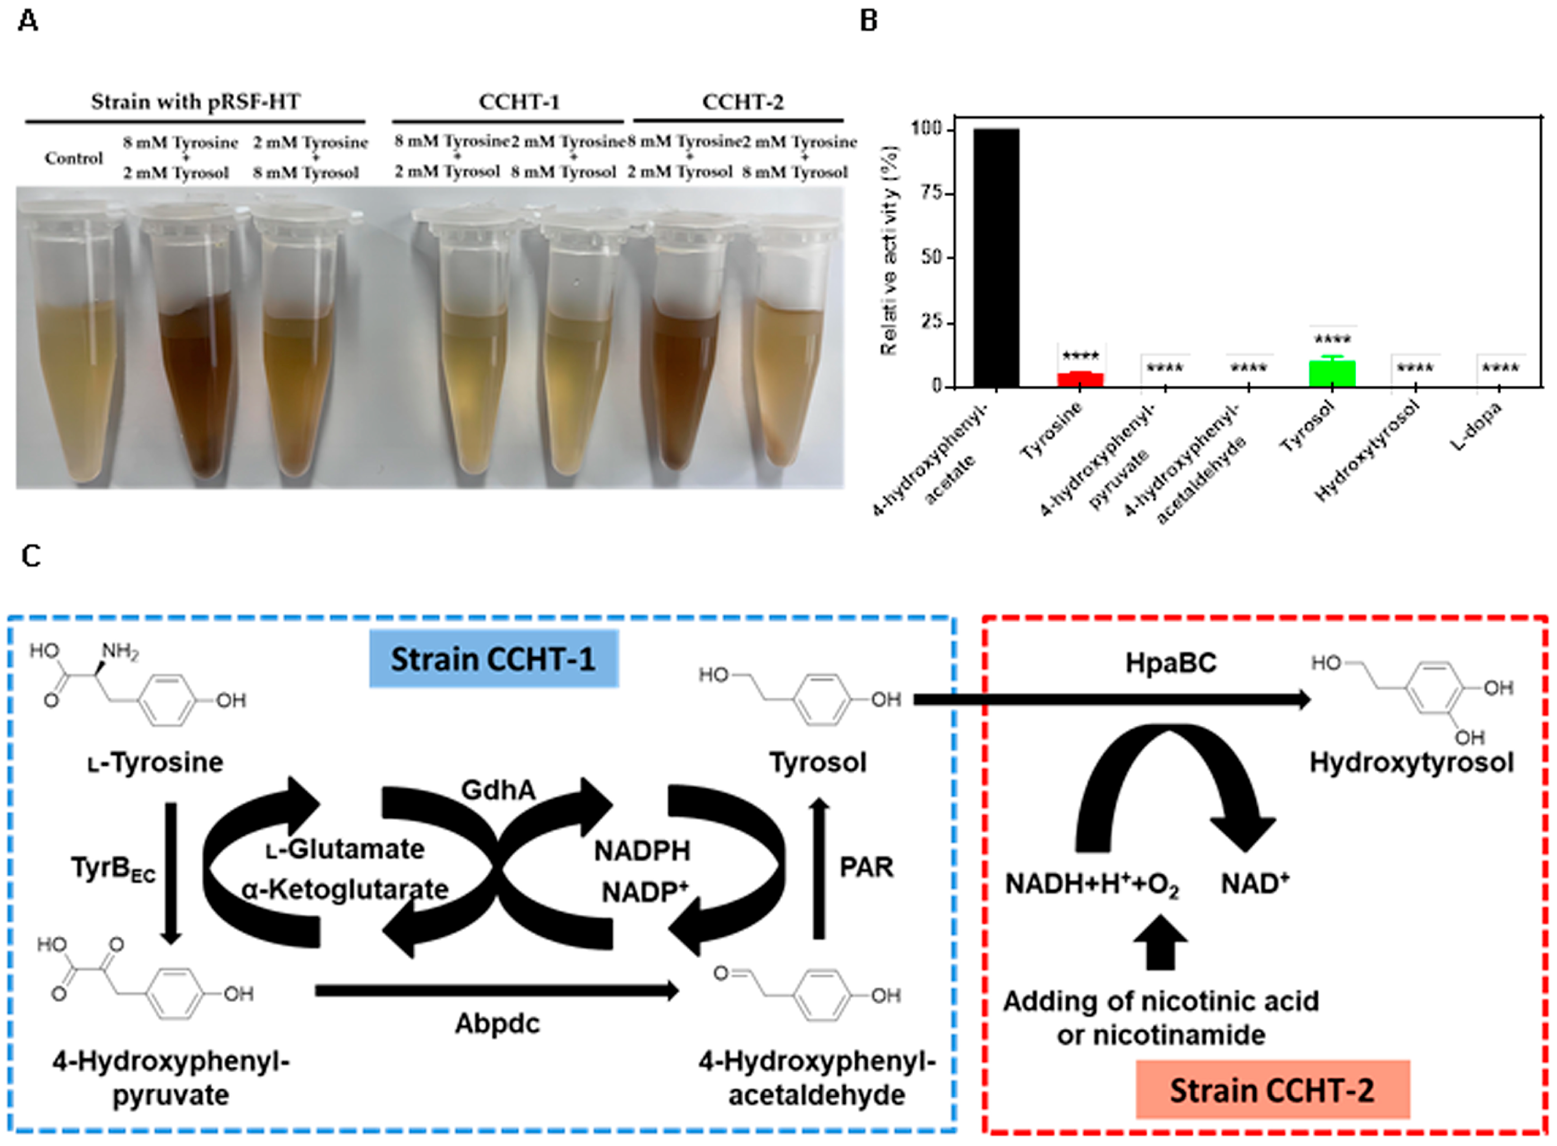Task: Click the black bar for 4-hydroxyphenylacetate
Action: point(996,258)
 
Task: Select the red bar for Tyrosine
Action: point(1080,380)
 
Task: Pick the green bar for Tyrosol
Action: point(1332,373)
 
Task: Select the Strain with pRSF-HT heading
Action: point(196,102)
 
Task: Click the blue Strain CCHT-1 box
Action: point(493,659)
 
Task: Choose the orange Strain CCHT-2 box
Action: point(1272,1090)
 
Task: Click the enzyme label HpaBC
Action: point(1170,663)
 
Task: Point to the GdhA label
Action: point(498,789)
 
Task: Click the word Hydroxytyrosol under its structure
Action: point(1411,762)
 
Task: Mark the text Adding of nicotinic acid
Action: point(1161,1001)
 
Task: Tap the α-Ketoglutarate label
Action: point(345,889)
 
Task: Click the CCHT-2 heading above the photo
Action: point(742,102)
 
